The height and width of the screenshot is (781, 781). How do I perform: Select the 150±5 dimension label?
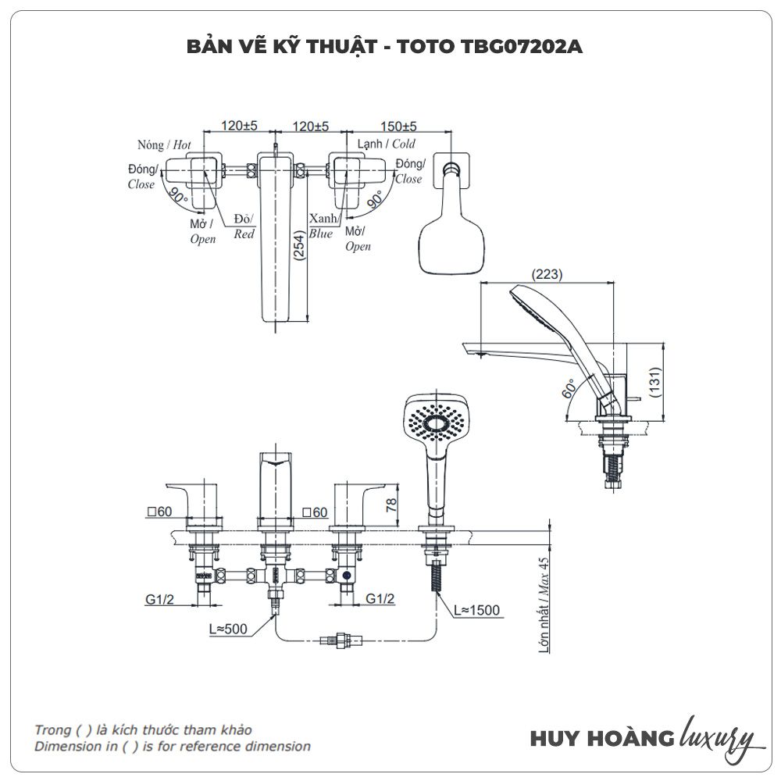pyautogui.click(x=398, y=126)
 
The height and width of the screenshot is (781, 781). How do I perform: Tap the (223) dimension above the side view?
pyautogui.click(x=547, y=274)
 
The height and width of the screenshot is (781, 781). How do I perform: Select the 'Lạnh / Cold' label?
pyautogui.click(x=387, y=144)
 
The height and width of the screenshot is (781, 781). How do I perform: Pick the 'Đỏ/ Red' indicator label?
pyautogui.click(x=244, y=227)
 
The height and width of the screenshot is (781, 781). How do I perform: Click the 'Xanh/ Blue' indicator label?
pyautogui.click(x=321, y=226)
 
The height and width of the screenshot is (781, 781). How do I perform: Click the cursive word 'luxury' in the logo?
pyautogui.click(x=718, y=736)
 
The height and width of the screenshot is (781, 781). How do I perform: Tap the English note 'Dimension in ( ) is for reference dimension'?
pyautogui.click(x=172, y=746)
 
